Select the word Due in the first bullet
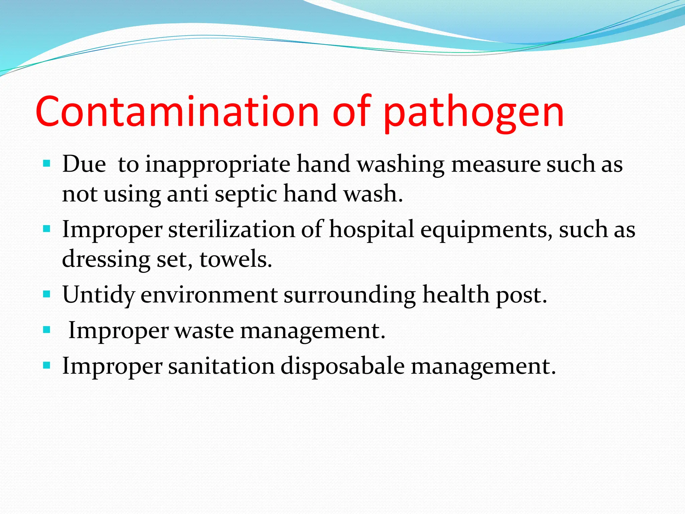[x=84, y=164]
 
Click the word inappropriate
[x=217, y=165]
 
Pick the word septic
[x=246, y=194]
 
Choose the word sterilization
[x=232, y=230]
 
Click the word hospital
[x=372, y=230]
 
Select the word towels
[x=236, y=259]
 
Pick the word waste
[x=204, y=331]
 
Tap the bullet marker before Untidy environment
[x=46, y=294]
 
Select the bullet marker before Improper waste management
[x=46, y=330]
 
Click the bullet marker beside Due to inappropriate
[x=46, y=164]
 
